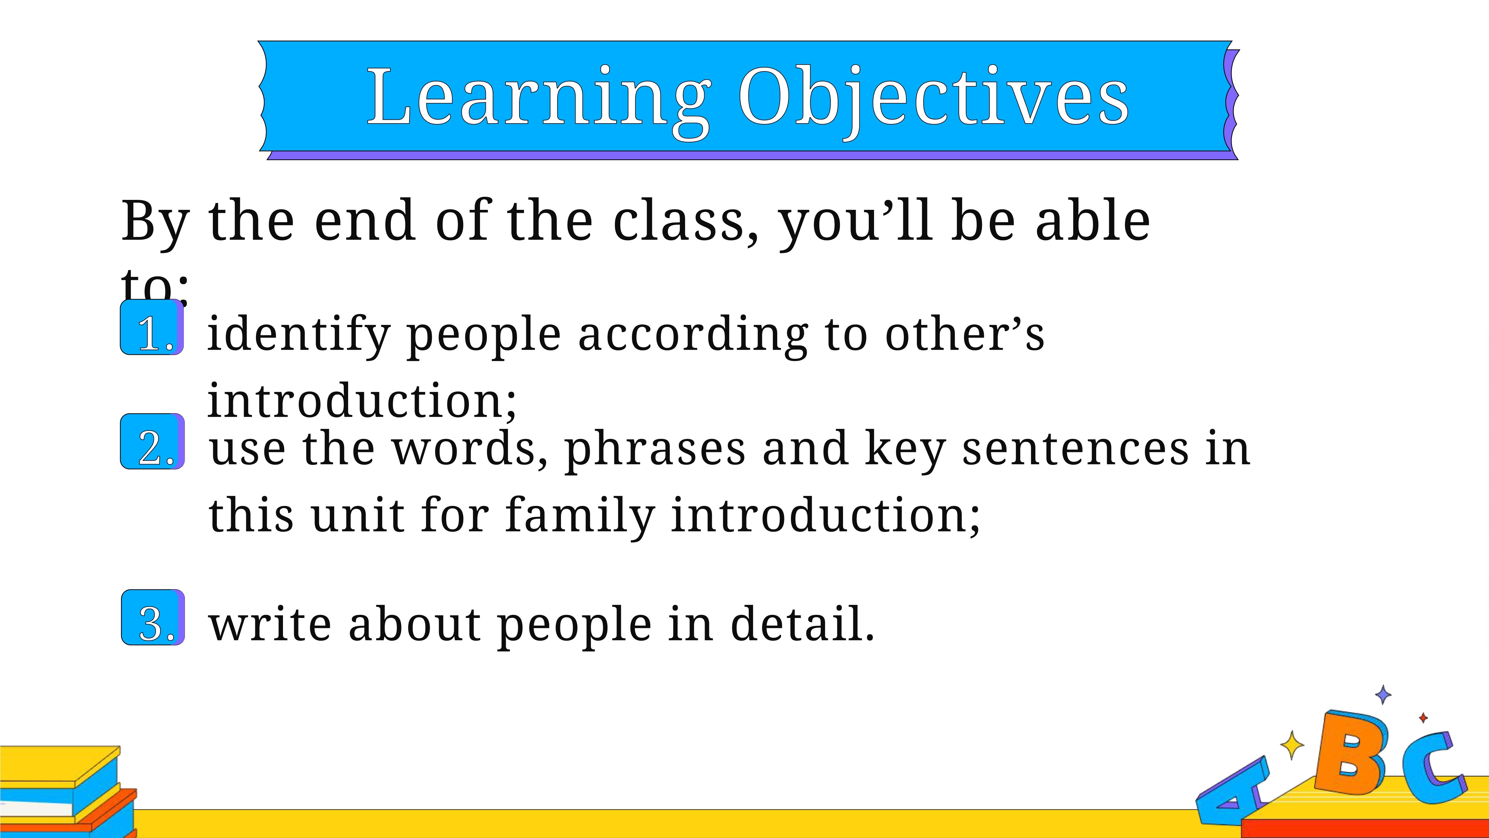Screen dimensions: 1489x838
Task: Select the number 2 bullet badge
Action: (153, 441)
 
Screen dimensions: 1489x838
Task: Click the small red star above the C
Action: (1423, 718)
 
